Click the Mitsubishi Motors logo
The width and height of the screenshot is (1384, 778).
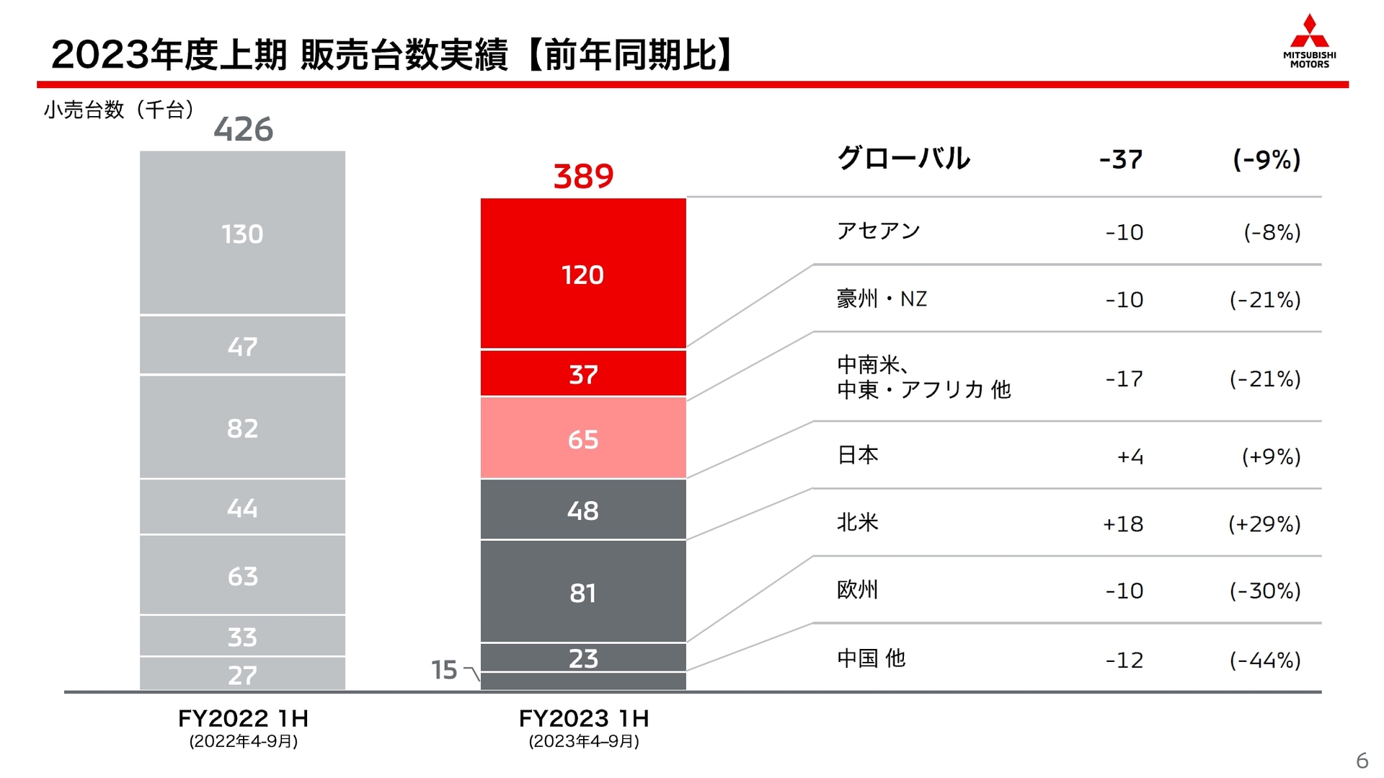1309,41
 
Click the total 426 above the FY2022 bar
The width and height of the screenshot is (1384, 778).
243,130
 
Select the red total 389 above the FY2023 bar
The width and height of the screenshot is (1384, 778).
583,176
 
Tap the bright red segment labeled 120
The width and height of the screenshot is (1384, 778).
583,274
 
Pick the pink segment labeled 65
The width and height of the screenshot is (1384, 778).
583,438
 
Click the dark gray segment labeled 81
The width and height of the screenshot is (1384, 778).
583,592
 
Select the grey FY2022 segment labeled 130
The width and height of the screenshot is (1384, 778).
242,234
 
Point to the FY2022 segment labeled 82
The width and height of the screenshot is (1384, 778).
242,428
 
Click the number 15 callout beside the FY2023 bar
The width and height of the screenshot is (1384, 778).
444,670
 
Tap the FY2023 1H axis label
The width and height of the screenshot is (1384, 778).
583,718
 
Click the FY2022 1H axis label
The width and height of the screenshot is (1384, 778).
243,718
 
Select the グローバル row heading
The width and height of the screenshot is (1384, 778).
903,158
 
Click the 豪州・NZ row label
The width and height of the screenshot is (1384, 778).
882,299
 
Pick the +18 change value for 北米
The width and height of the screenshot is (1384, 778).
1122,524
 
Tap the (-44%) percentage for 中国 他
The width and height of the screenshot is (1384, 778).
1264,660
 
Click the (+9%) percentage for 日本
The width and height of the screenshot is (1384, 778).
1270,456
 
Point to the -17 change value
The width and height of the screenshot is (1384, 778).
1124,379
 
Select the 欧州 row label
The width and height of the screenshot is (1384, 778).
857,590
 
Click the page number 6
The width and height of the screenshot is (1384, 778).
1361,761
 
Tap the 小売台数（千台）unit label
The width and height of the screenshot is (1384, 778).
119,110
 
